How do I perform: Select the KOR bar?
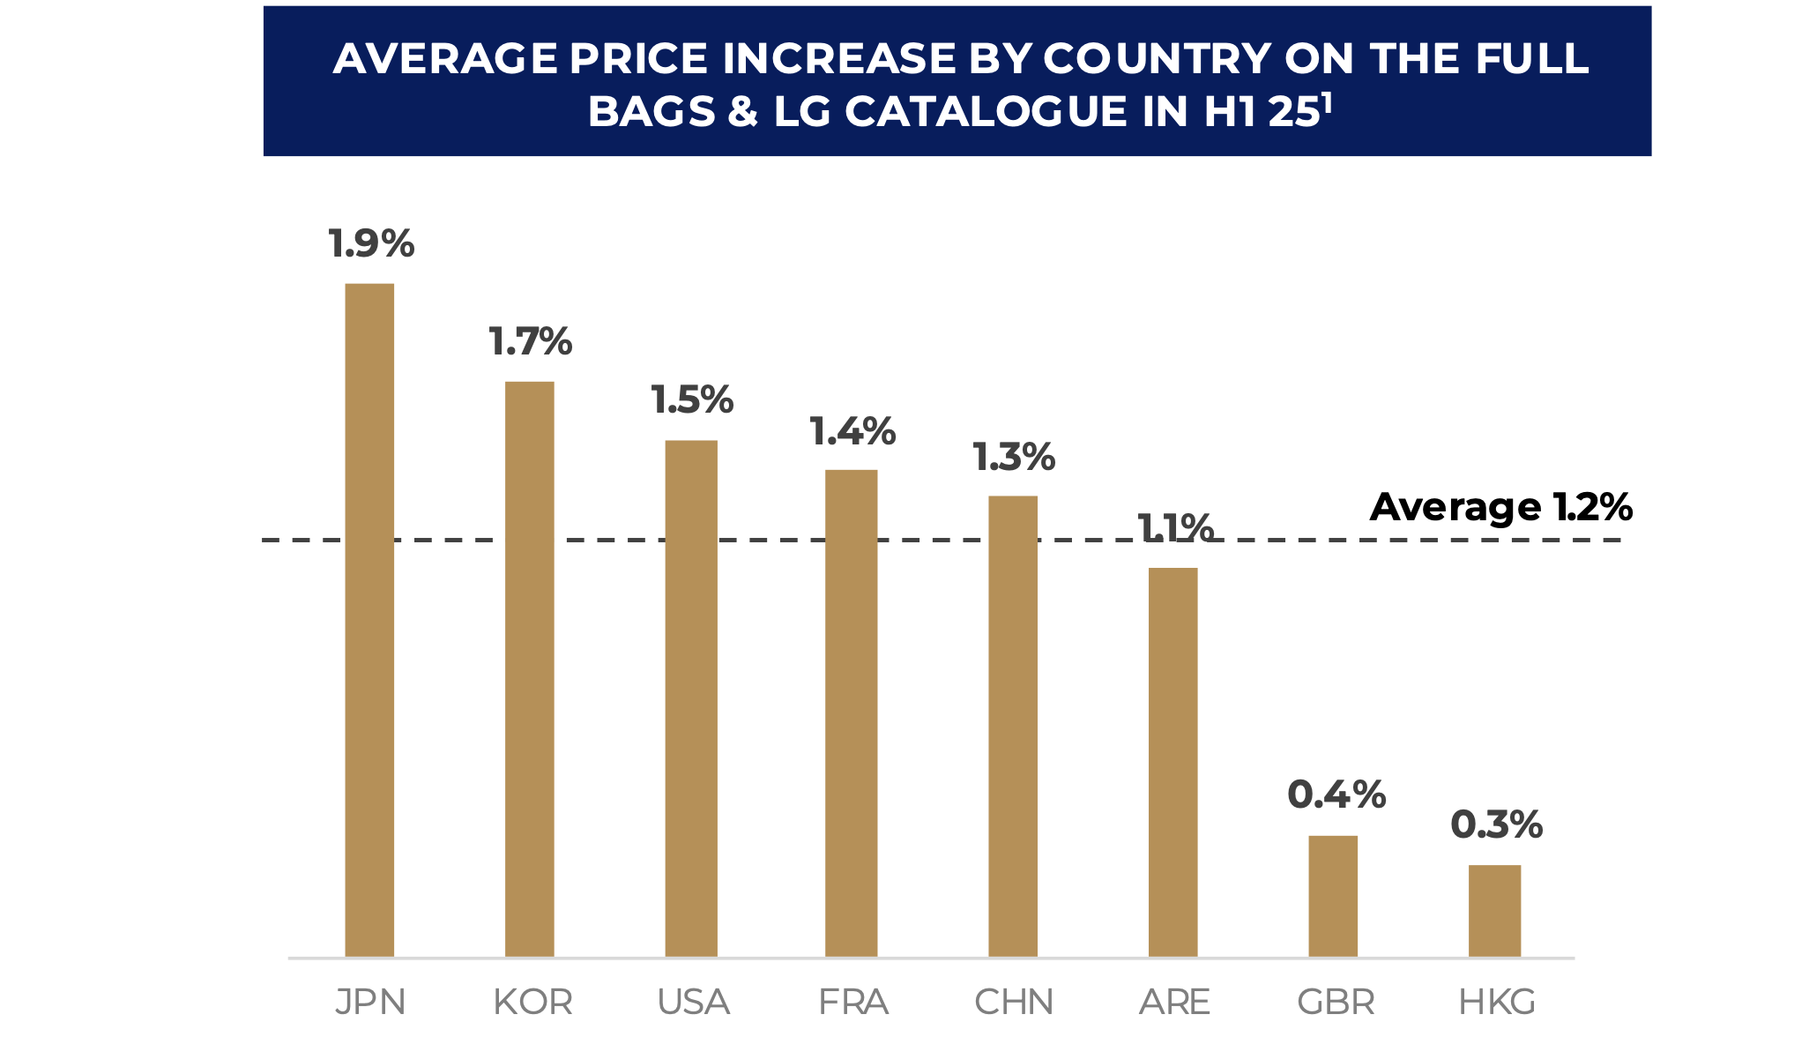click(x=529, y=669)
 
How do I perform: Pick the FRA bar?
click(x=851, y=713)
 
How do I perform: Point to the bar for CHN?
click(x=1012, y=727)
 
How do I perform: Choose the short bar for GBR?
click(x=1332, y=896)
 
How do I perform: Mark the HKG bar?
click(x=1494, y=911)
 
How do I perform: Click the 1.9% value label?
click(x=371, y=244)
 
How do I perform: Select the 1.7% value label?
click(x=531, y=342)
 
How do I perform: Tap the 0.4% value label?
click(x=1336, y=795)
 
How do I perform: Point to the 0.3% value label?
click(x=1496, y=825)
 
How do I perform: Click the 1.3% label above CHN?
click(x=1014, y=458)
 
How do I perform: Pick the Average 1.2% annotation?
click(x=1500, y=507)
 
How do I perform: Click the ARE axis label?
click(x=1174, y=1002)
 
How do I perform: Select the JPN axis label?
click(x=370, y=1002)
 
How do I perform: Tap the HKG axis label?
click(x=1497, y=1002)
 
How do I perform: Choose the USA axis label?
click(x=693, y=1002)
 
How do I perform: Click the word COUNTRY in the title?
click(x=1157, y=59)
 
